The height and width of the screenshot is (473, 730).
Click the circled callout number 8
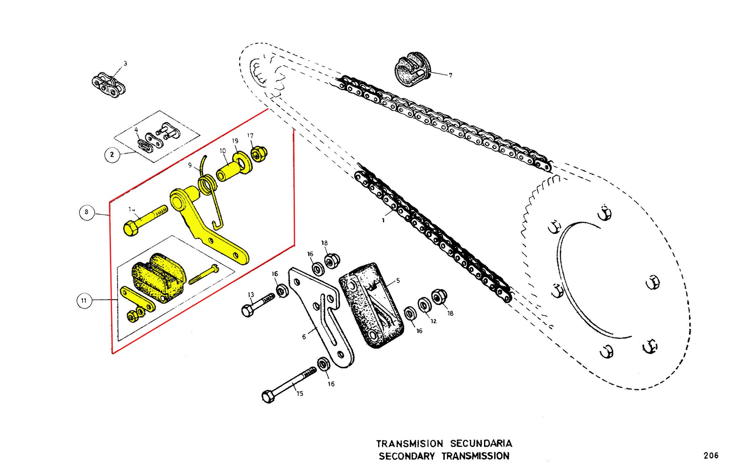point(86,212)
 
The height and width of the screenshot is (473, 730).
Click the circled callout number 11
point(84,300)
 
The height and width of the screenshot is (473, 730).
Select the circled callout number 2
point(112,154)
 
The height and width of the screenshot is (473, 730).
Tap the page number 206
point(711,455)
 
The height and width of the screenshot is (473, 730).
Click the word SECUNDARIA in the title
point(481,443)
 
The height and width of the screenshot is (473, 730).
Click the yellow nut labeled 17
point(259,154)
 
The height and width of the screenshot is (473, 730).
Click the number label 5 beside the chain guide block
point(398,281)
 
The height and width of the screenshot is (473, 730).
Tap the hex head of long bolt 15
point(268,396)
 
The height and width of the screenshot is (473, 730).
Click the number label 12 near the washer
point(433,321)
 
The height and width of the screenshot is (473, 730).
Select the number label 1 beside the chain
point(383,220)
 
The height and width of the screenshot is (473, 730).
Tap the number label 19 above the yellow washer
point(235,141)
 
